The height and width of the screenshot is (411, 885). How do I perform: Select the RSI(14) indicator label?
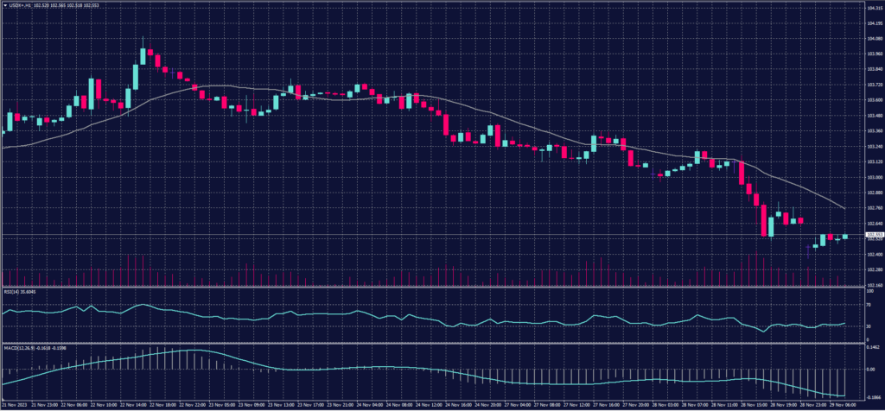click(x=21, y=292)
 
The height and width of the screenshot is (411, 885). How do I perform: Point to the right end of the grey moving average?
click(x=844, y=209)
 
